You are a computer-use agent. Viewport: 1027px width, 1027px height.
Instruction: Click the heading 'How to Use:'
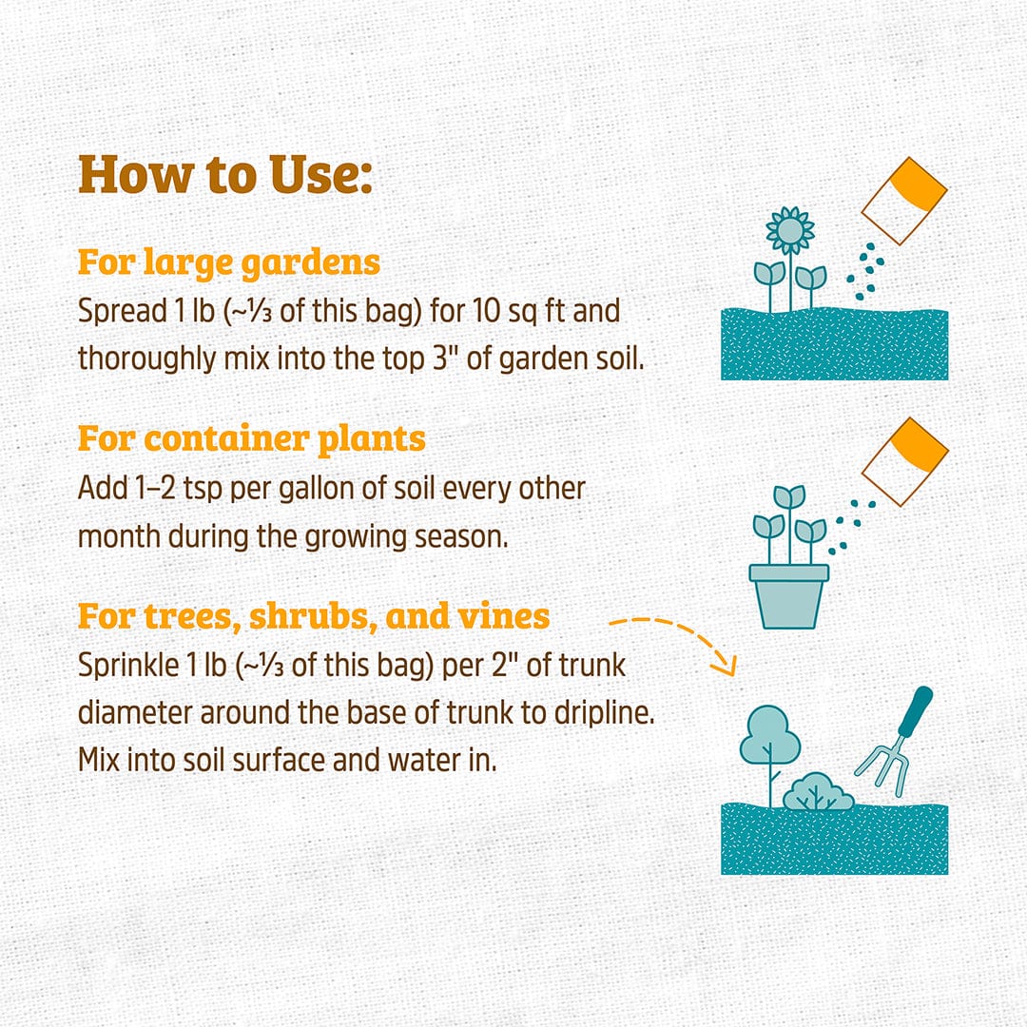225,175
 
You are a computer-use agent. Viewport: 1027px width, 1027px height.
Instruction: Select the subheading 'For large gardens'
228,262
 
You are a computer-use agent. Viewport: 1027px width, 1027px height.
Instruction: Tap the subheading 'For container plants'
251,438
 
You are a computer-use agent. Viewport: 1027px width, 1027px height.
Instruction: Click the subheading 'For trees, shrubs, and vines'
314,616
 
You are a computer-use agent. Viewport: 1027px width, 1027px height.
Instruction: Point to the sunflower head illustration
790,230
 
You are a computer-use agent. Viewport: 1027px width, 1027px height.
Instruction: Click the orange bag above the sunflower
904,201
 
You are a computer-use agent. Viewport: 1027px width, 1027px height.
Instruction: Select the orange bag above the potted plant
905,462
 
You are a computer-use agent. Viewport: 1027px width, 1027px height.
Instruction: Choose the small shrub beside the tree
818,791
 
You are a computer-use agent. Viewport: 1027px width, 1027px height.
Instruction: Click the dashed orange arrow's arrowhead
726,666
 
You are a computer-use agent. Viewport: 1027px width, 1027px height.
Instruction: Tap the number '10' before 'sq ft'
487,311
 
